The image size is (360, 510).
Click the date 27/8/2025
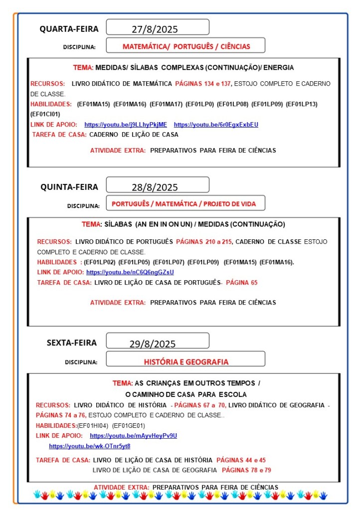point(155,29)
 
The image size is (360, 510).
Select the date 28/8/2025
point(155,187)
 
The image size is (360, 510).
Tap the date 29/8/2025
point(153,344)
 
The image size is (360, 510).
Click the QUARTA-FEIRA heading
point(69,29)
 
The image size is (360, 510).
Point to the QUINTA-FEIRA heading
point(69,187)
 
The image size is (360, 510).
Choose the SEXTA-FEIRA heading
point(72,342)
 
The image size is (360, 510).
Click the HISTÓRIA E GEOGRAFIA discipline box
point(186,362)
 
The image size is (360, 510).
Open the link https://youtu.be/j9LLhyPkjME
point(126,124)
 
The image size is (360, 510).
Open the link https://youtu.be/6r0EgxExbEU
point(216,124)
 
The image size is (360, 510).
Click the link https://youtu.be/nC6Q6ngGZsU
point(130,272)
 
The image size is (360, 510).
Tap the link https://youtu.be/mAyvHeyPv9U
point(133,436)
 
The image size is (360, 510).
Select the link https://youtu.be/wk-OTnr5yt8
point(89,446)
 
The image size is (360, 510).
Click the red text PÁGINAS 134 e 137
point(203,84)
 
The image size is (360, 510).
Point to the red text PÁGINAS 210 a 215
point(204,241)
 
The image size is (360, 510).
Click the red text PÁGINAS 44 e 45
point(241,460)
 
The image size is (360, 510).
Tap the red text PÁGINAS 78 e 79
point(246,470)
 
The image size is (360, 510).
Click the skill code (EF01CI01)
point(45,114)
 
